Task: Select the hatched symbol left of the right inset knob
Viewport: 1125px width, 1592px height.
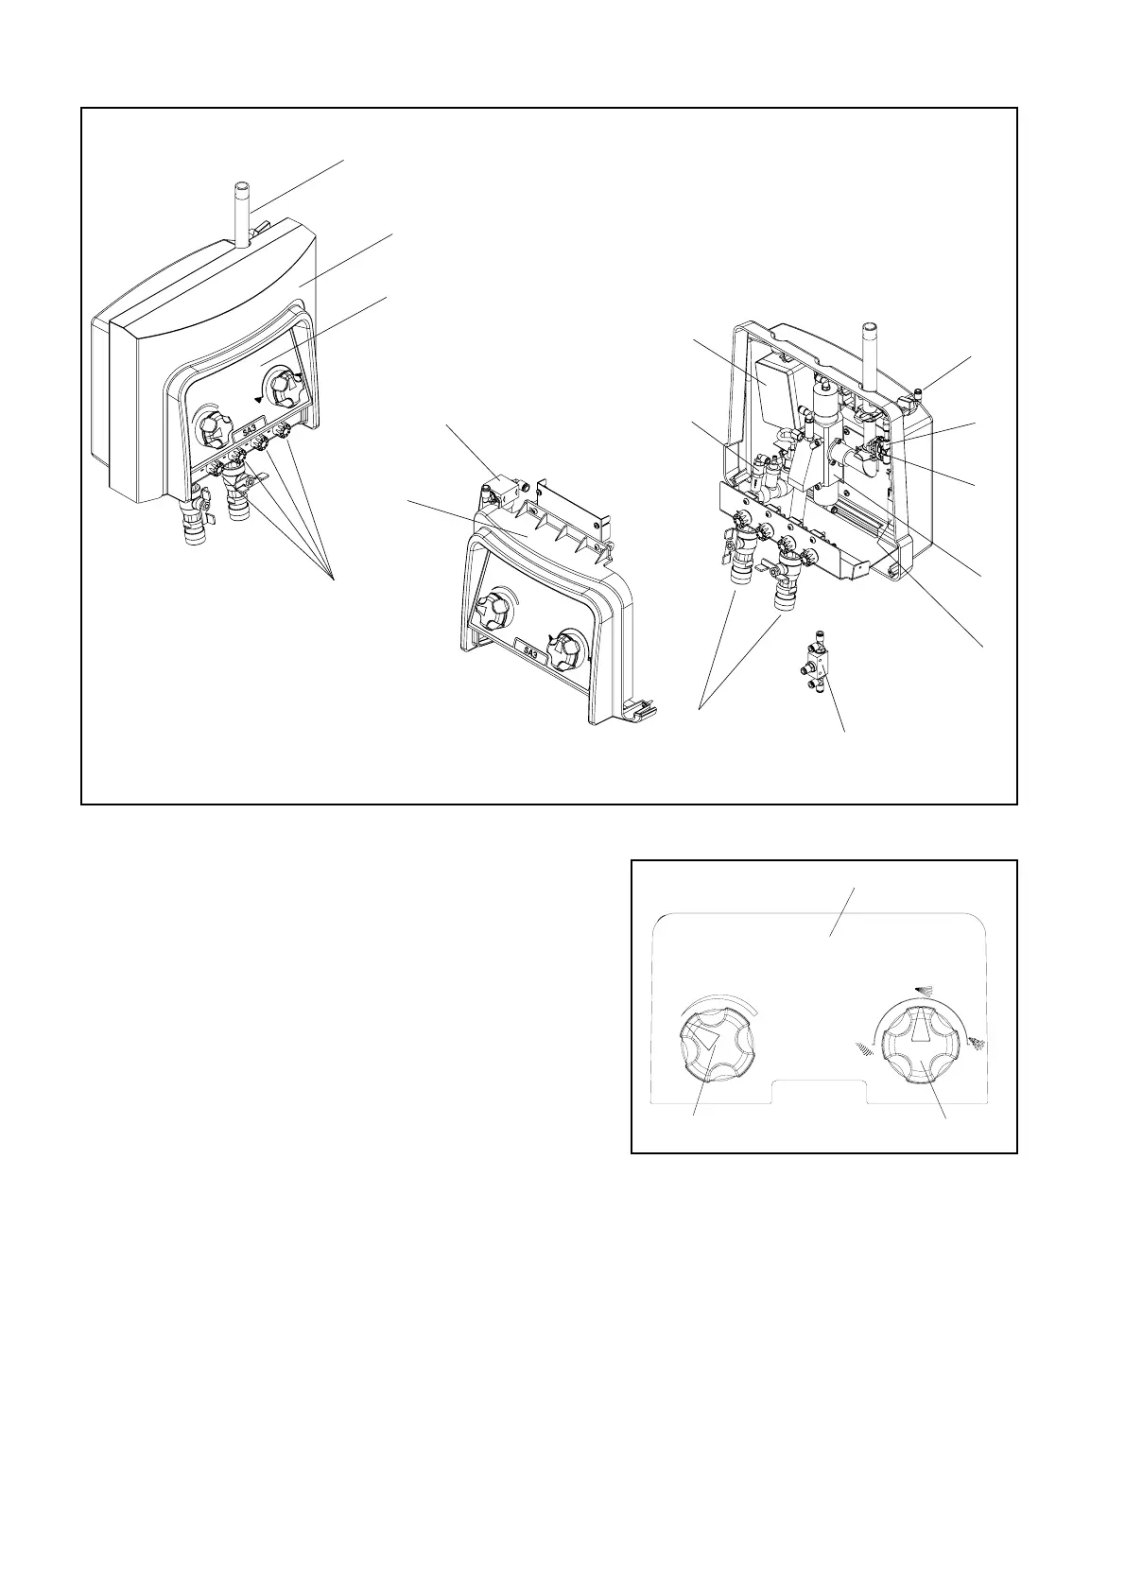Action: pos(864,1047)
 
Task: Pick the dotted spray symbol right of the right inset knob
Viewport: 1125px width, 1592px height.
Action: pos(977,1043)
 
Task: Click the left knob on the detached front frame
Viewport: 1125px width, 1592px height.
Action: pos(493,616)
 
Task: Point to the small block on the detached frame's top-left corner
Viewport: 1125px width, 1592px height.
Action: pos(502,493)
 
